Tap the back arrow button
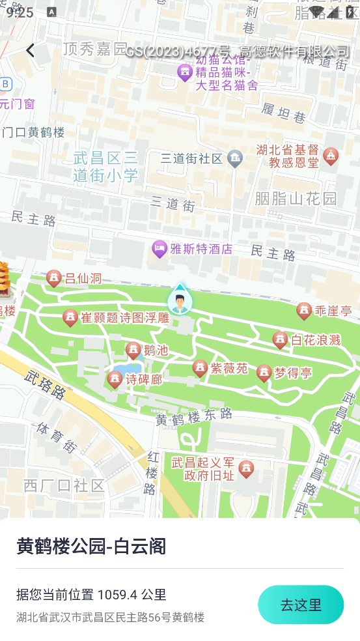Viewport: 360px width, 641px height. click(30, 50)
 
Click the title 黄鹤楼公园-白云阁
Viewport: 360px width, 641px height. click(91, 546)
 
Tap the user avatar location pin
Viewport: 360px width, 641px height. click(180, 301)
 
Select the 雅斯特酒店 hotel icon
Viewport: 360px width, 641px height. click(159, 249)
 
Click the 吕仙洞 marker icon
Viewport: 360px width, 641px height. click(54, 279)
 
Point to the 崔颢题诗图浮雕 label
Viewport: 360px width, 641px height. click(125, 318)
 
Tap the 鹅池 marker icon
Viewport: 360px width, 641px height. click(133, 350)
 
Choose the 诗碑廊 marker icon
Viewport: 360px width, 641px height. click(115, 379)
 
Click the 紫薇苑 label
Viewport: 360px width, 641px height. click(229, 369)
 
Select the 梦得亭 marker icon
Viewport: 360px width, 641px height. click(264, 373)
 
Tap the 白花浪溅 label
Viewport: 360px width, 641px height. click(316, 340)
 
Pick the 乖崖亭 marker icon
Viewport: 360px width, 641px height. click(304, 311)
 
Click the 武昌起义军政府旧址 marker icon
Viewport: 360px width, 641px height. click(246, 468)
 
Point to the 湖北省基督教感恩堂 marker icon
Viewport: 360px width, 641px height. click(331, 156)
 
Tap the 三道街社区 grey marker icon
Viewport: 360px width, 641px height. click(235, 158)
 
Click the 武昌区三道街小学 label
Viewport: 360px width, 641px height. click(105, 166)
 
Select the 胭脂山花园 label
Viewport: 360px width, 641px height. click(296, 198)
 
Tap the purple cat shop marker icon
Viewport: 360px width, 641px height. click(184, 72)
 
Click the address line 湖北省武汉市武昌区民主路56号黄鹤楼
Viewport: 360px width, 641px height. click(111, 617)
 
